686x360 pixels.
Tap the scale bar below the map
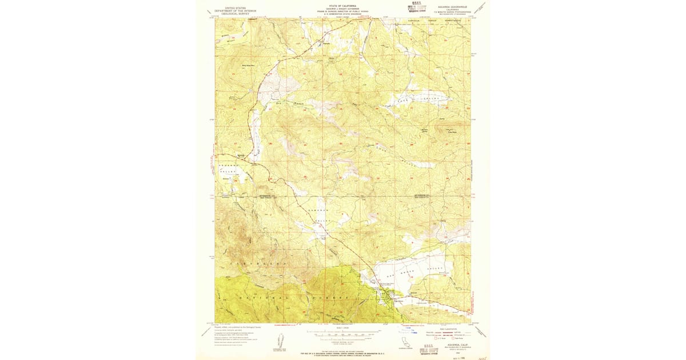coord(343,332)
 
